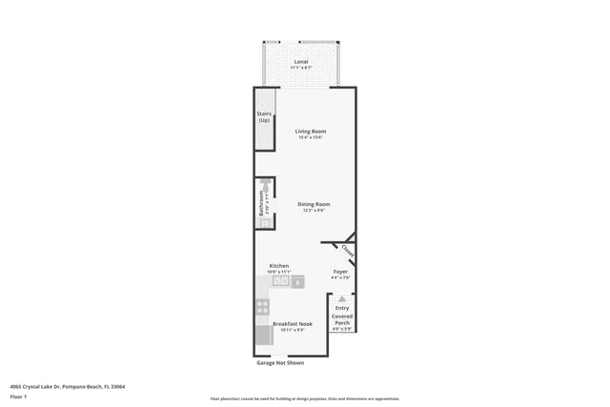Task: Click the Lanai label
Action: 300,62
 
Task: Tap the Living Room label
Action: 310,131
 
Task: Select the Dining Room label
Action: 313,204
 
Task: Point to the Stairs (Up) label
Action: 264,117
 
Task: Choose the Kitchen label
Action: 279,266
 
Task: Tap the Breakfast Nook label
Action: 293,323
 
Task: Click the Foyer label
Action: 340,272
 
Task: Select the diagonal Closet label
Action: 347,252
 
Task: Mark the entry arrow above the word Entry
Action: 342,298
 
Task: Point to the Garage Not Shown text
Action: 280,363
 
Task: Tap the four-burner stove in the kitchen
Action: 262,307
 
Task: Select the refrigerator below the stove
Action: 263,335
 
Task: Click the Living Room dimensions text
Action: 310,138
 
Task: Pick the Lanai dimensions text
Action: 300,69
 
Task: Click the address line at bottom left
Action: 67,387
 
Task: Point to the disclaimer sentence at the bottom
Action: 305,399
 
